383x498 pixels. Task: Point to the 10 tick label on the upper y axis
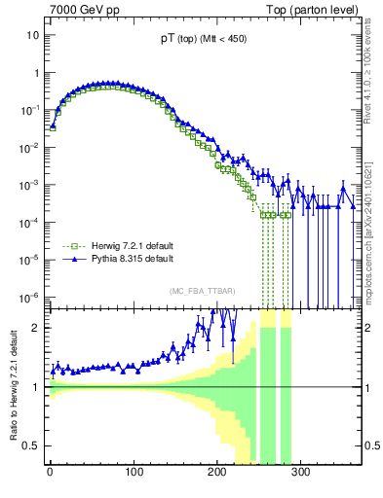(33, 35)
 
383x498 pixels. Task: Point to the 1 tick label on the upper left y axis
(36, 73)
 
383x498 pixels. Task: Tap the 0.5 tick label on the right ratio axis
(369, 446)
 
